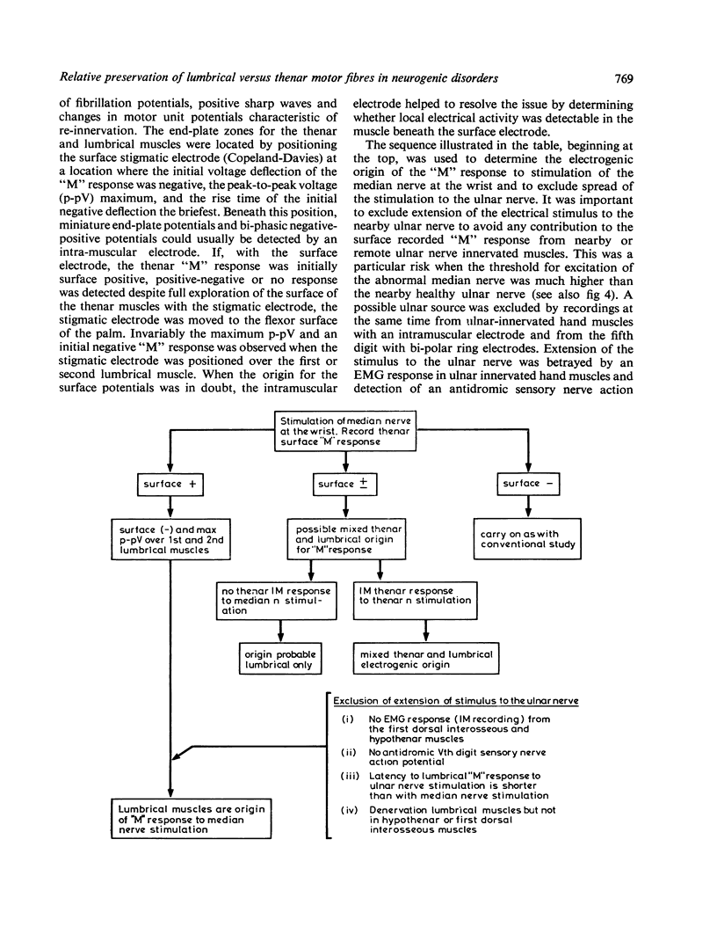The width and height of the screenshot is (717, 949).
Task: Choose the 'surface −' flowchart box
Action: click(527, 484)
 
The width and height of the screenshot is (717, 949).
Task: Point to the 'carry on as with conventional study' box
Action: click(527, 538)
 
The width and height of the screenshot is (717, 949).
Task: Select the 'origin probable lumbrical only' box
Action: click(280, 659)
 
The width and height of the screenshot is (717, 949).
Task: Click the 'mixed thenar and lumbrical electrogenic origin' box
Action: click(425, 659)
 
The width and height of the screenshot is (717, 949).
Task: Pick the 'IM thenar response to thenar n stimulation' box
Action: click(425, 595)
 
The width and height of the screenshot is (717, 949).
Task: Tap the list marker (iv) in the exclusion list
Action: click(350, 809)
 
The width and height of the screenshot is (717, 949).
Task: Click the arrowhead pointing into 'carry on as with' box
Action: click(527, 514)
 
